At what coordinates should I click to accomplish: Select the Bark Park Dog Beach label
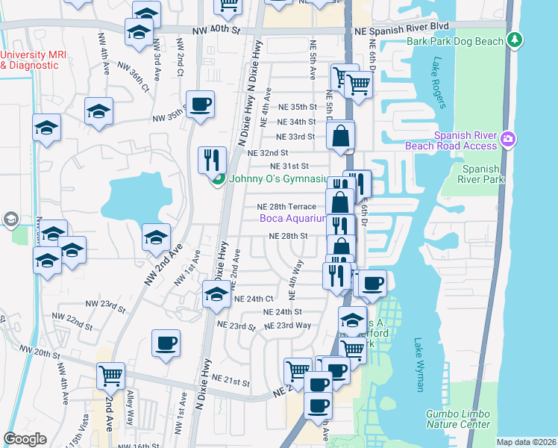coord(455,42)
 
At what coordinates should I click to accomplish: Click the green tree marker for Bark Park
coord(514,40)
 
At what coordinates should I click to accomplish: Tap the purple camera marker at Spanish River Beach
coord(508,138)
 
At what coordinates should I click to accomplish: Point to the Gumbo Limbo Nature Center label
coord(459,419)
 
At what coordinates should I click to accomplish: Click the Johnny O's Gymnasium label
coord(278,179)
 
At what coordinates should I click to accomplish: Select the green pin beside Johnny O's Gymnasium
coord(218,179)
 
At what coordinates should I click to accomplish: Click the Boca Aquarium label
coord(293,219)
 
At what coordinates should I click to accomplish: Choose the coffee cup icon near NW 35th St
coord(200,104)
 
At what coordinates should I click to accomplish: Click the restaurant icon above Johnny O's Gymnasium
coord(211,159)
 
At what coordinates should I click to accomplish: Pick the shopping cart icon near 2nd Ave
coord(110,374)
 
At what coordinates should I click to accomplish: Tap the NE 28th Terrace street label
coord(286,207)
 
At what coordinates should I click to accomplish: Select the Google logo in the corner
coord(25,439)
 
